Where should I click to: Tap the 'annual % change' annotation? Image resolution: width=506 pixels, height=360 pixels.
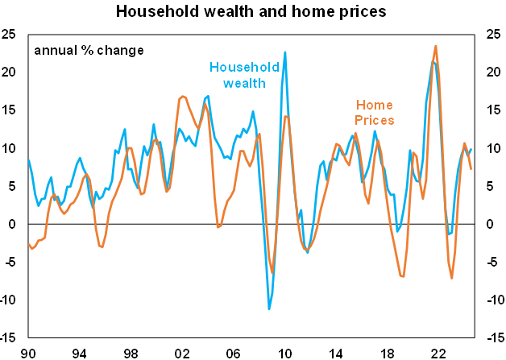(89, 50)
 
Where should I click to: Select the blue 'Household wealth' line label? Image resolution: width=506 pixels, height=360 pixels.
(244, 76)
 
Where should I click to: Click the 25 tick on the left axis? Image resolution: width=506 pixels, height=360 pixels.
(12, 35)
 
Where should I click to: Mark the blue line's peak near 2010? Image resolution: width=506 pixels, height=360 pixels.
(285, 52)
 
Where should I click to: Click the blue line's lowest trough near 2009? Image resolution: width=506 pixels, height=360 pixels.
(269, 308)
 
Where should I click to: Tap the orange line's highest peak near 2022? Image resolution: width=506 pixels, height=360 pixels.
(436, 46)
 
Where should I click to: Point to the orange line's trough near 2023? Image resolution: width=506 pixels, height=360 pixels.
(452, 278)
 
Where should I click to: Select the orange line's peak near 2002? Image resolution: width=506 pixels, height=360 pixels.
(182, 97)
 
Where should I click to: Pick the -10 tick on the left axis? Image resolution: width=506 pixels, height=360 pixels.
(12, 300)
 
